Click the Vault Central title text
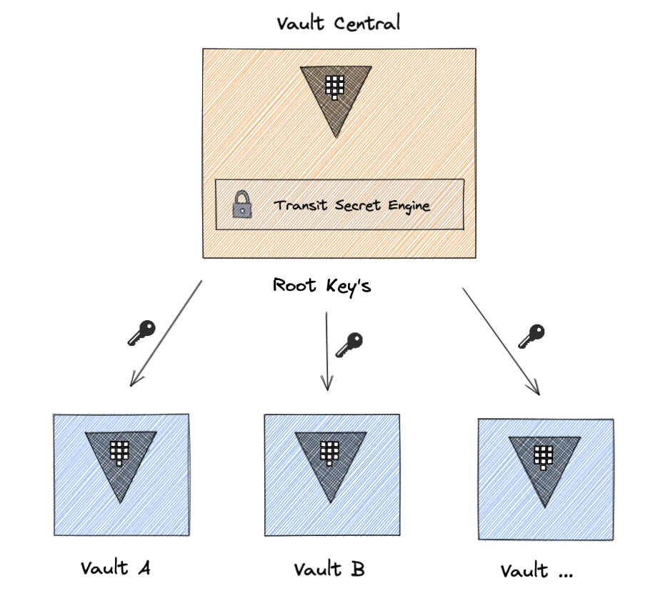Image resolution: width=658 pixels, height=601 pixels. (339, 24)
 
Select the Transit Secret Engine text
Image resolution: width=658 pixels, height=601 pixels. (352, 206)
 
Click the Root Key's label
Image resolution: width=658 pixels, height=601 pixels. (321, 286)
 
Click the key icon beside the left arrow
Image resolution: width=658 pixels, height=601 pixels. (141, 333)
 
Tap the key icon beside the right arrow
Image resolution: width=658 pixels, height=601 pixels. (531, 336)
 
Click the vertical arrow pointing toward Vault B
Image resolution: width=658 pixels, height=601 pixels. (326, 350)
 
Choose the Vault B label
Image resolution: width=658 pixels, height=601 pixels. (329, 570)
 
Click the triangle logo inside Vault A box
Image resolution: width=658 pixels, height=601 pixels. (121, 460)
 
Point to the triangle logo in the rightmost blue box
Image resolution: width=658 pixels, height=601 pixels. (544, 465)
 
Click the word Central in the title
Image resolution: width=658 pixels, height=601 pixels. (367, 24)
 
